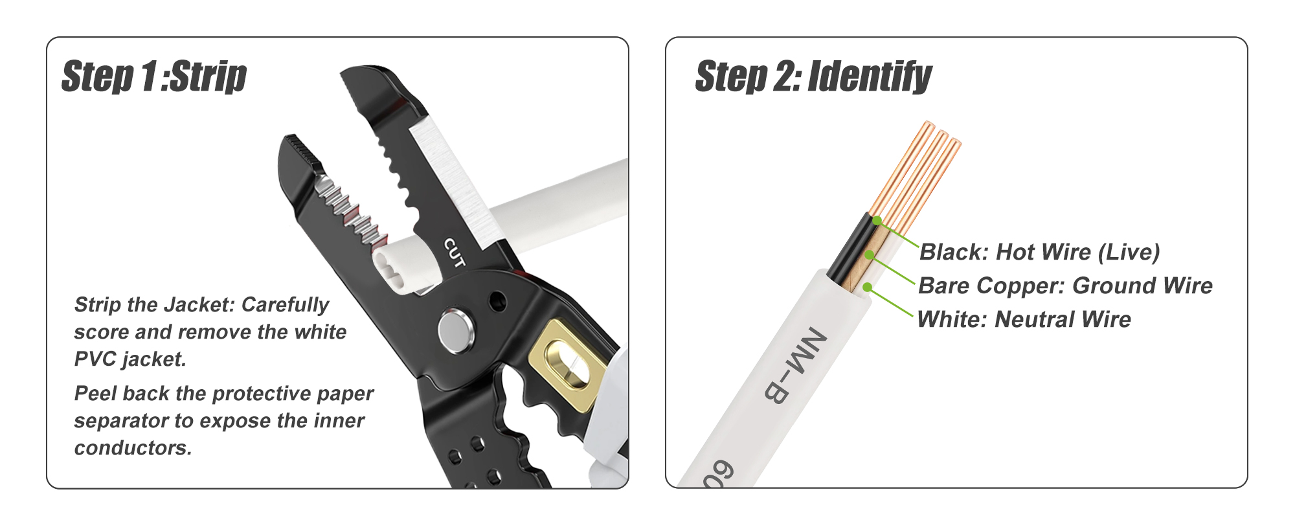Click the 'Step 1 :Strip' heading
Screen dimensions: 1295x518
pyautogui.click(x=154, y=76)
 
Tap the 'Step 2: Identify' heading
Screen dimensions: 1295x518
pyautogui.click(x=813, y=76)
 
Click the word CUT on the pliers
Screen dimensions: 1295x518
pyautogui.click(x=455, y=253)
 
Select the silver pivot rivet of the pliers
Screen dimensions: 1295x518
pyautogui.click(x=456, y=330)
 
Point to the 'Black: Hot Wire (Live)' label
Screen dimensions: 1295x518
pyautogui.click(x=1039, y=252)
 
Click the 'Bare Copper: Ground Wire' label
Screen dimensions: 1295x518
pyautogui.click(x=1065, y=286)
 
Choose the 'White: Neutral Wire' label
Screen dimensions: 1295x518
pyautogui.click(x=1024, y=319)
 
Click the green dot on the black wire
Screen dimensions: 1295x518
pyautogui.click(x=877, y=221)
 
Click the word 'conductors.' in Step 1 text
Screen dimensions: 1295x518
pyautogui.click(x=133, y=448)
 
